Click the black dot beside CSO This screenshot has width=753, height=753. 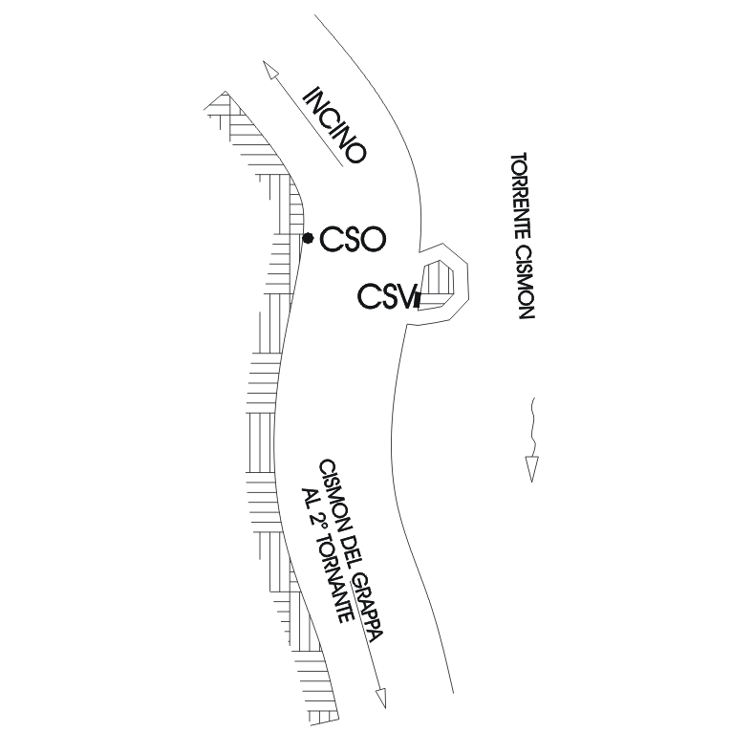click(x=307, y=238)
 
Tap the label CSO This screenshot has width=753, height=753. click(x=352, y=238)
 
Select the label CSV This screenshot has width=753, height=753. click(x=386, y=296)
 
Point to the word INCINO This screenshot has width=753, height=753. click(x=333, y=125)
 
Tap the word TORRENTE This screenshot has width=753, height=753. click(x=522, y=195)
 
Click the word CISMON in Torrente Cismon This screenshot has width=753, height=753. click(x=524, y=281)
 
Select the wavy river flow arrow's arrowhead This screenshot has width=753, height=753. click(x=532, y=468)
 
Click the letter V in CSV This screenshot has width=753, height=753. click(x=403, y=296)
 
